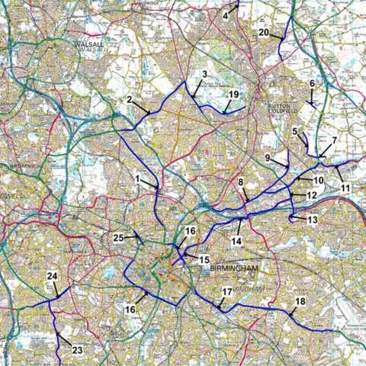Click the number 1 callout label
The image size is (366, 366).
(x=137, y=178)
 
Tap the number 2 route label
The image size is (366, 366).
(x=130, y=100)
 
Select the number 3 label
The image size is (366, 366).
(x=204, y=75)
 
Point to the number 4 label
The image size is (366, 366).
(x=226, y=14)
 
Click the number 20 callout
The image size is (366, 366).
(x=264, y=33)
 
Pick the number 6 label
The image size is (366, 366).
(x=312, y=83)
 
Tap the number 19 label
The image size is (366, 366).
(x=234, y=94)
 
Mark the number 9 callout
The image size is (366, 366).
(x=268, y=157)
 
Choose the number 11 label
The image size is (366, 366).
(x=345, y=188)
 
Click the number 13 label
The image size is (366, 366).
(x=312, y=220)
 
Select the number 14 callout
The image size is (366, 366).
(x=236, y=241)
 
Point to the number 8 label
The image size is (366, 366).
(x=241, y=183)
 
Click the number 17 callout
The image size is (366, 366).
(x=227, y=292)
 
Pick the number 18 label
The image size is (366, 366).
(x=300, y=302)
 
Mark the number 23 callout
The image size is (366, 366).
(x=77, y=350)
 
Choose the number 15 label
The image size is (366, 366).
(x=204, y=260)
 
